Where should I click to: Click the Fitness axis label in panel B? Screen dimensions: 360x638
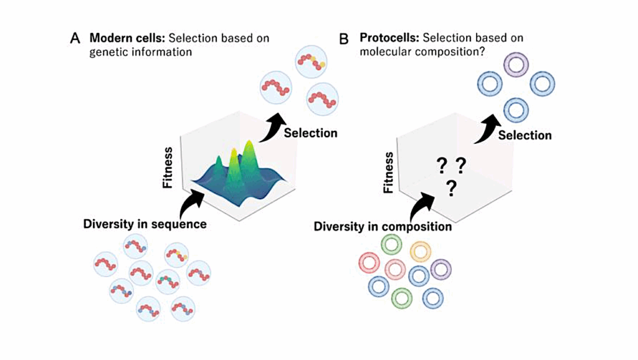pyautogui.click(x=389, y=172)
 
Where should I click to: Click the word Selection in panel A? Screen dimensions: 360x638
pyautogui.click(x=310, y=133)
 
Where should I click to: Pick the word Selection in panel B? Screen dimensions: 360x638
pyautogui.click(x=525, y=135)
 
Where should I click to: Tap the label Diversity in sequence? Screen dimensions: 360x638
pyautogui.click(x=145, y=224)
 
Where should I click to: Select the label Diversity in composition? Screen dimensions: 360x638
pyautogui.click(x=383, y=226)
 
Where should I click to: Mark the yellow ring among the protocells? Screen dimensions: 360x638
pyautogui.click(x=420, y=252)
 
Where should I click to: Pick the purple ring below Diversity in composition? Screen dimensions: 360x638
pyautogui.click(x=440, y=269)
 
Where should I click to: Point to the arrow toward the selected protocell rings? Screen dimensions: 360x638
pyautogui.click(x=487, y=128)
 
